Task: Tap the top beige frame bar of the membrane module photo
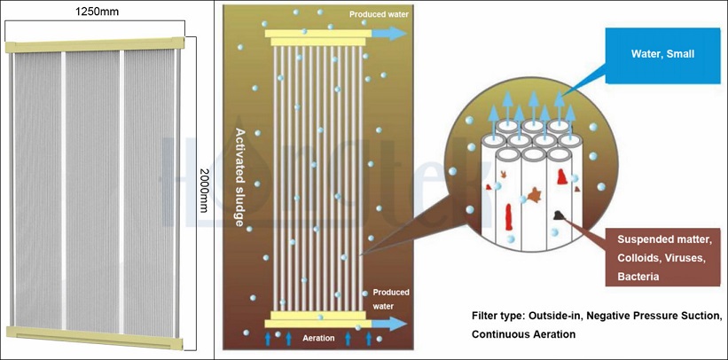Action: click(94, 44)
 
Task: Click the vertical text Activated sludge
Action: click(239, 177)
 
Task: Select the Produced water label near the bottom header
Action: click(390, 298)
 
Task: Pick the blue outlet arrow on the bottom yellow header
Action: click(390, 323)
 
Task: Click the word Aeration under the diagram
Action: click(318, 339)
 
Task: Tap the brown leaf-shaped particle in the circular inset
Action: click(535, 193)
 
